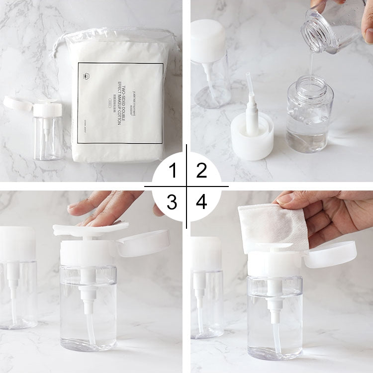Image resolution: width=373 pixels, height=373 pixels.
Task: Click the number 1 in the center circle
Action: pos(173,171)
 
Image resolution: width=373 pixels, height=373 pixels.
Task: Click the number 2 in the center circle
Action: pos(201,171)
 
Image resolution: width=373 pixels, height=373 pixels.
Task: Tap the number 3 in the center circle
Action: pos(172,202)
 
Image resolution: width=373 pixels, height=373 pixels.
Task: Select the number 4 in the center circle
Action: pos(201,202)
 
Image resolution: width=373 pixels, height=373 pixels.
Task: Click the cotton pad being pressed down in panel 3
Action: pos(90,229)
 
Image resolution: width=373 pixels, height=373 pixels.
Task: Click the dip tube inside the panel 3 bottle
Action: pos(91,328)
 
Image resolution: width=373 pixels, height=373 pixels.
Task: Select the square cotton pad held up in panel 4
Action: pos(273,226)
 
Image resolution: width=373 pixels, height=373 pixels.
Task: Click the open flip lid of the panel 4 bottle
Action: pos(330,255)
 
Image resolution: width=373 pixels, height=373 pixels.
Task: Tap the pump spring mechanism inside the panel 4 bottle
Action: pos(274,298)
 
